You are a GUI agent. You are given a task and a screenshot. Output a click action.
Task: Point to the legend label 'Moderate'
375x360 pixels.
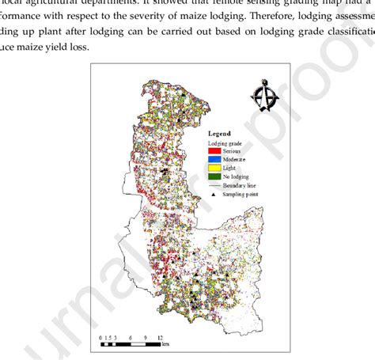point(236,159)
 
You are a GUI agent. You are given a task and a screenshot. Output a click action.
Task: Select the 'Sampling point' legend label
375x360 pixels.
point(241,194)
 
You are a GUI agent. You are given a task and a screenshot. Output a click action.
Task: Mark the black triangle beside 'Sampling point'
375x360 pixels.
point(208,194)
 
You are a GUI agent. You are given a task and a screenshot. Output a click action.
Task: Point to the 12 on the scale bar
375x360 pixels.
point(160,336)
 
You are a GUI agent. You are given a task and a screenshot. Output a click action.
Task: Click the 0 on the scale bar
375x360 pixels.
point(101,336)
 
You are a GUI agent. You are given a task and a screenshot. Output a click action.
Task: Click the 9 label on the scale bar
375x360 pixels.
point(146,336)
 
